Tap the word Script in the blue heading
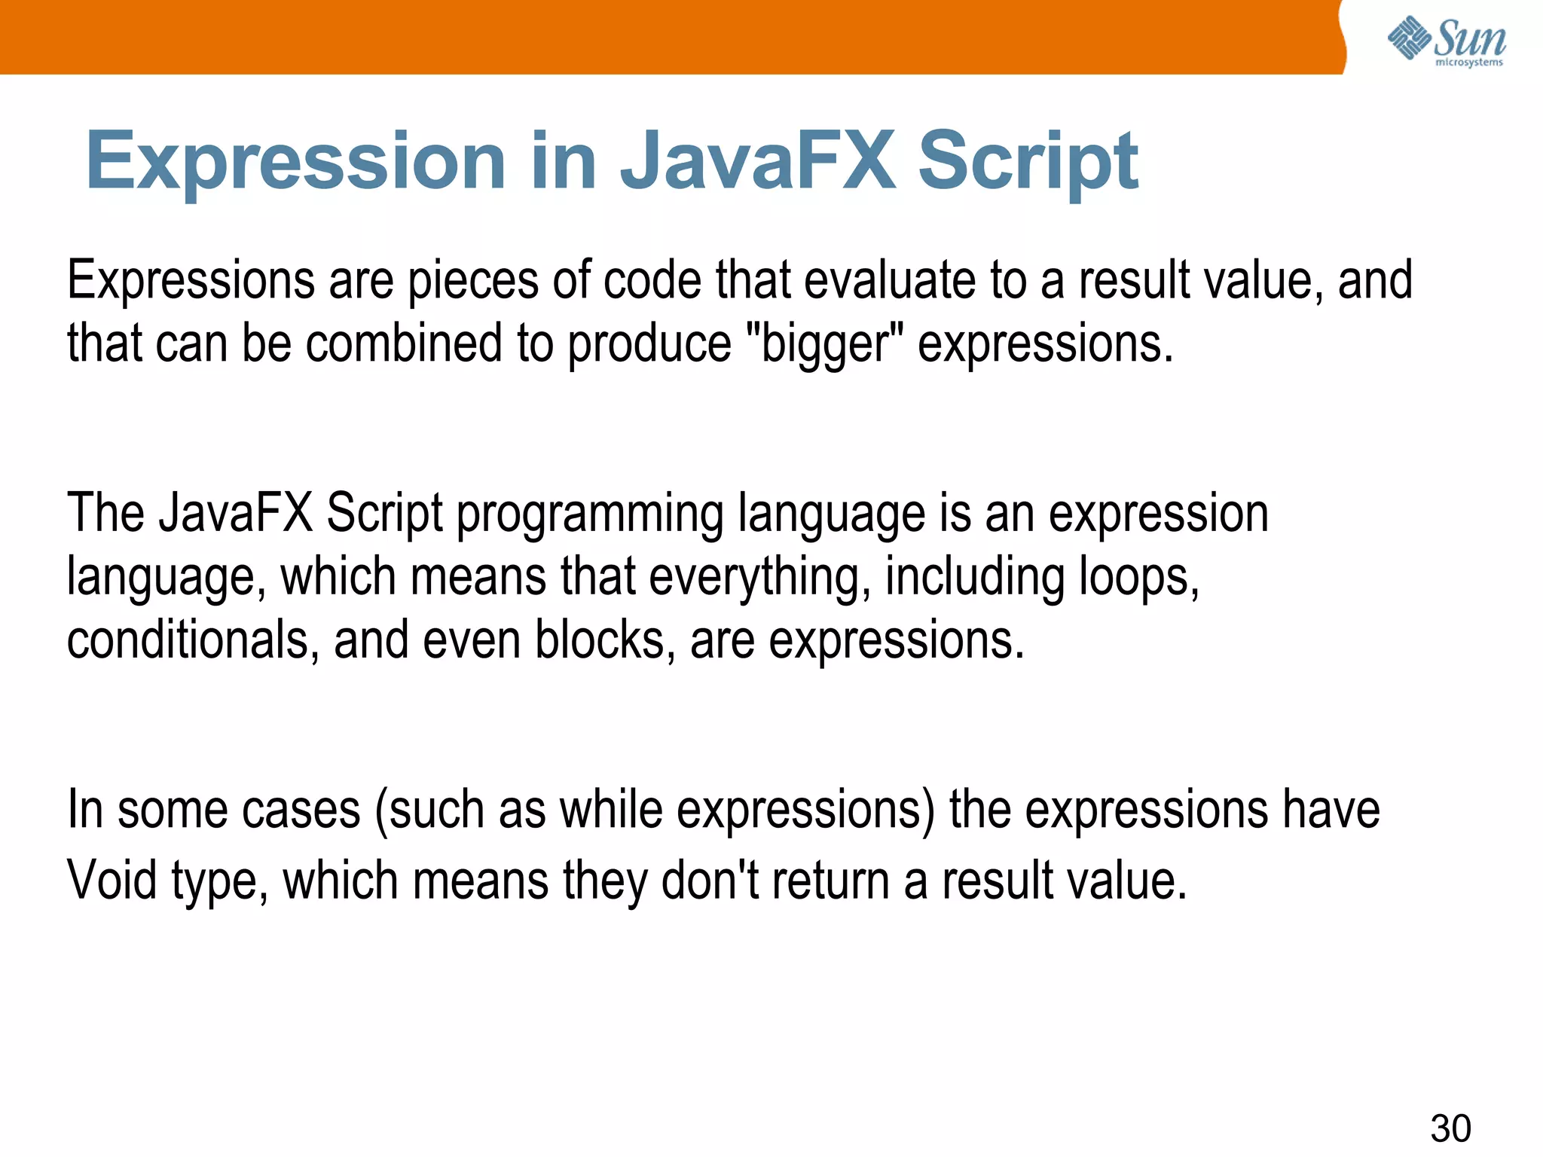pos(1028,161)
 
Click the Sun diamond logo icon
pos(1408,38)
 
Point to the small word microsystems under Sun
pos(1468,63)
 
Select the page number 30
pos(1450,1128)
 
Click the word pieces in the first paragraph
pos(473,281)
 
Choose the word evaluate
pos(890,279)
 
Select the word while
pos(610,811)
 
